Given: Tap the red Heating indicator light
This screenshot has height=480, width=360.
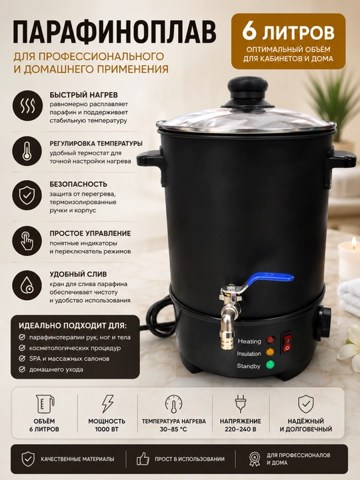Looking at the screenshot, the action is (x=271, y=340).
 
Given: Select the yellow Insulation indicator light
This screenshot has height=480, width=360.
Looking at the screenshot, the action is (x=270, y=352).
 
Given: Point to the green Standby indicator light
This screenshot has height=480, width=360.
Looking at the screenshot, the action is (x=270, y=365).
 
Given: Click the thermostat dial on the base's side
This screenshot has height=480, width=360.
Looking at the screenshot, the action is (x=324, y=323).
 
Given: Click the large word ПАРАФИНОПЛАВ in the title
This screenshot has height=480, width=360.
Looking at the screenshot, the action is (x=115, y=32).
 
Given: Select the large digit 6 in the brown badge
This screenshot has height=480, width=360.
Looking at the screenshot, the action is (x=249, y=31).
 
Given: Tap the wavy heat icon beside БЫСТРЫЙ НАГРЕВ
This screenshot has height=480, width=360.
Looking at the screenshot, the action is (x=27, y=105).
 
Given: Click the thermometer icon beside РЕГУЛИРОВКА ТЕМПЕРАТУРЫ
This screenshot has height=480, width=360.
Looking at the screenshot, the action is (x=27, y=151).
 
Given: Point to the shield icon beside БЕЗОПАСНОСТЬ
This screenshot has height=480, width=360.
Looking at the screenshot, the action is (x=27, y=195).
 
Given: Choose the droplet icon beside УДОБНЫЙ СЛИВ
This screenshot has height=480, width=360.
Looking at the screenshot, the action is (x=27, y=285).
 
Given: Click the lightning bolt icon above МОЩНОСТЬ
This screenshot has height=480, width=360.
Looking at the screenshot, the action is (x=107, y=403).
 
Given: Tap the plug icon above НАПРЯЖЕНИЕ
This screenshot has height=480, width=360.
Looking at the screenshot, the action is (x=240, y=404).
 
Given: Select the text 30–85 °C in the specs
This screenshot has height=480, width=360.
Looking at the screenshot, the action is (x=173, y=429).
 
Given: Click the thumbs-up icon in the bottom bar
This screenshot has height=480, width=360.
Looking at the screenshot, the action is (x=143, y=459).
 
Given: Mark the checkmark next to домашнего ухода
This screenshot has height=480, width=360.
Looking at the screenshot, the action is (x=22, y=369).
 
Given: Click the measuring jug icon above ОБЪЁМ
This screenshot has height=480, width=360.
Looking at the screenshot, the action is (x=45, y=404).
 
